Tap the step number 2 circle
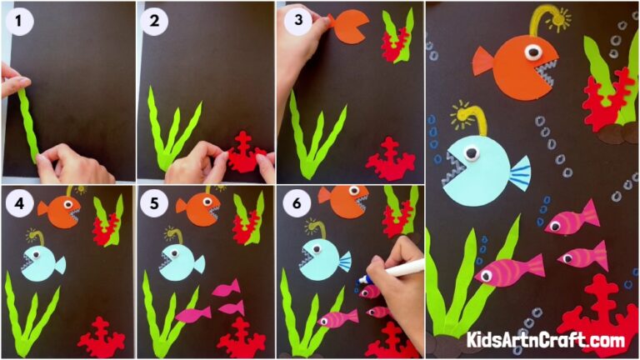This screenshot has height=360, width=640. click(155, 22)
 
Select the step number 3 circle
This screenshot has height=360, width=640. click(292, 20)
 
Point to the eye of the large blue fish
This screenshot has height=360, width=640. click(471, 153)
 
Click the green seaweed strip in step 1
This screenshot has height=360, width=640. click(28, 125)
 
